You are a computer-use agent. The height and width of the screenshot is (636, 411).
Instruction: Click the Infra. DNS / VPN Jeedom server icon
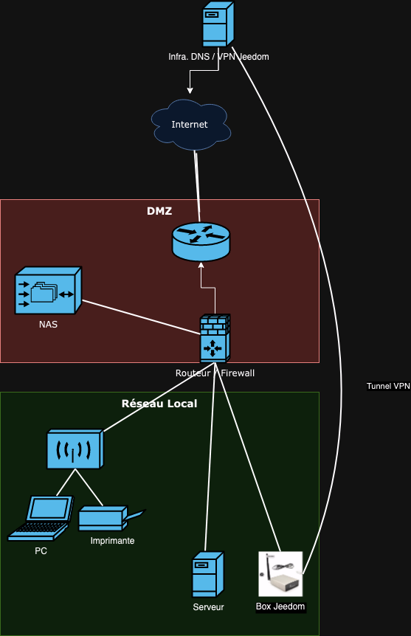[218, 24]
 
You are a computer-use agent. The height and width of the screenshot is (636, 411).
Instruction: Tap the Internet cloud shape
[190, 125]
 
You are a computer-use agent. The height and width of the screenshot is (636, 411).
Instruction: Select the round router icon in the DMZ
[201, 241]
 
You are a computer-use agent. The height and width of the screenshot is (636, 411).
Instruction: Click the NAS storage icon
[48, 291]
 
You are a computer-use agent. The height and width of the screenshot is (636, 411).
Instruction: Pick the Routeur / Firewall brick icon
[215, 338]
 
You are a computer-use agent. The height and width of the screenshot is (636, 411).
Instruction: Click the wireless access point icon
[75, 449]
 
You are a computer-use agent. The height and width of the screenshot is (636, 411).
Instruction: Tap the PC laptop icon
[41, 518]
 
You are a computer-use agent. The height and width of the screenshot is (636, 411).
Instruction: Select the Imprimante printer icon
[111, 518]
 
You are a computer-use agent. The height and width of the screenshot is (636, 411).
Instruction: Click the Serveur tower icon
[208, 574]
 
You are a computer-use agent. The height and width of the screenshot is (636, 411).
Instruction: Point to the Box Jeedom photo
[280, 573]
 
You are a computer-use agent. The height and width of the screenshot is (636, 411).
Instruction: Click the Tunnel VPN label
[388, 386]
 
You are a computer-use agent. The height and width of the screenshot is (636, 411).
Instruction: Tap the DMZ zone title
[159, 211]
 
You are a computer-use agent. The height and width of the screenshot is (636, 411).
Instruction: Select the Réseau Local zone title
[159, 404]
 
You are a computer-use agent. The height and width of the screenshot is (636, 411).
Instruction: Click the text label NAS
[48, 325]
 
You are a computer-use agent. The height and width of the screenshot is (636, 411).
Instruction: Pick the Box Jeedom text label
[280, 606]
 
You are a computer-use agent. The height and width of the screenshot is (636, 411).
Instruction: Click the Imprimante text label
[112, 541]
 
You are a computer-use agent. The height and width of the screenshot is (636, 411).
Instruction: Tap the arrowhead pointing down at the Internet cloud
[190, 91]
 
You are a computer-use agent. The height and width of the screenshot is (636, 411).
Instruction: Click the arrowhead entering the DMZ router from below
[201, 266]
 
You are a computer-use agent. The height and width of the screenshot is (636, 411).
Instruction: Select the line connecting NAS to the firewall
[141, 317]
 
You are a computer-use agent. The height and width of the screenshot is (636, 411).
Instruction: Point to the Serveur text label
[209, 607]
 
